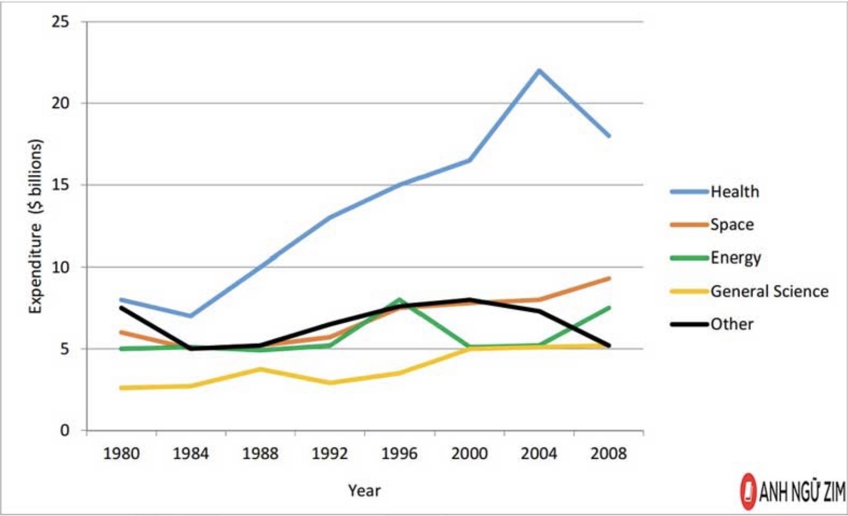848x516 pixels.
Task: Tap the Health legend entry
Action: pos(715,192)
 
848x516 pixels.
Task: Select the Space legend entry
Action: pos(712,225)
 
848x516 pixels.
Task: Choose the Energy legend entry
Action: pos(715,258)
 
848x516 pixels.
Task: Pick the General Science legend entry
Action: pos(750,291)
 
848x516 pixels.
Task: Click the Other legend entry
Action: pos(712,324)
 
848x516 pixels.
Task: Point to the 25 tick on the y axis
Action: pos(61,22)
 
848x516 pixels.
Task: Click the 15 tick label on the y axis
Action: pos(61,185)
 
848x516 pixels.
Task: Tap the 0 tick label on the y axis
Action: pos(65,430)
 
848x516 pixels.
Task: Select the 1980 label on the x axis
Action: pos(121,453)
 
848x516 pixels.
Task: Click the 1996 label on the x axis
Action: pos(399,453)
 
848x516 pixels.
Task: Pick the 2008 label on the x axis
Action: pos(608,453)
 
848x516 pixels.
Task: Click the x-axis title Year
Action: pos(364,491)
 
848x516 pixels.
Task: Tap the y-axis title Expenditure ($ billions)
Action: pos(35,227)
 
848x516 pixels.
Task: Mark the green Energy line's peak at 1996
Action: pos(399,300)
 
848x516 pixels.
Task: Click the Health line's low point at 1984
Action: pos(191,316)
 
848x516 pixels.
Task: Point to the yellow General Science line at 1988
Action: pos(260,369)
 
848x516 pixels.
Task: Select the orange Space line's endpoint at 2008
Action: pos(609,278)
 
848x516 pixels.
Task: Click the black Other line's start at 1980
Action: pos(121,308)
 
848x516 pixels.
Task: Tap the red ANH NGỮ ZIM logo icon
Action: pos(748,491)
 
